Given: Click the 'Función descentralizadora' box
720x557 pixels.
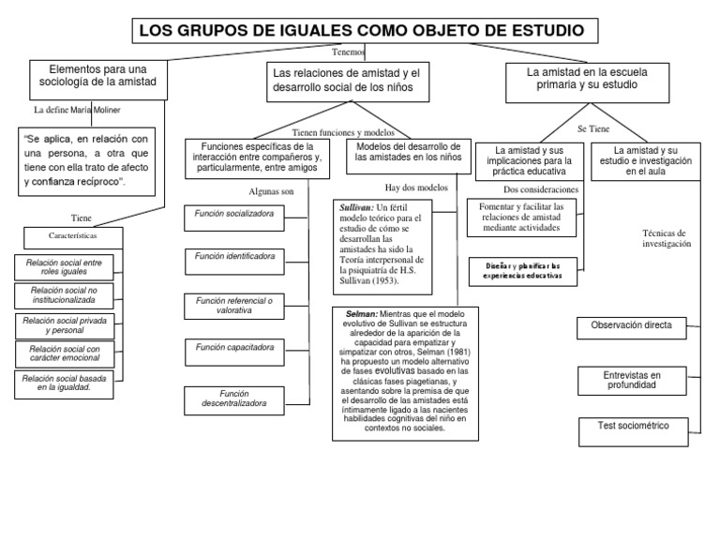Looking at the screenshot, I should coord(234,399).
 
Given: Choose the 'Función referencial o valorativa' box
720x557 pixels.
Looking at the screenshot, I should coord(234,305).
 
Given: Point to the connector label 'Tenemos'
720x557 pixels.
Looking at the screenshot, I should coord(349,53).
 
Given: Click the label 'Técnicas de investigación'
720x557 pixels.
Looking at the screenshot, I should coord(666,237).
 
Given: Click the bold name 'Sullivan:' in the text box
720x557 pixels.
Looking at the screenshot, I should coord(352,206).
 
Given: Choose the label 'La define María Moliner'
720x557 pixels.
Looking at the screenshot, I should coord(77,110).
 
